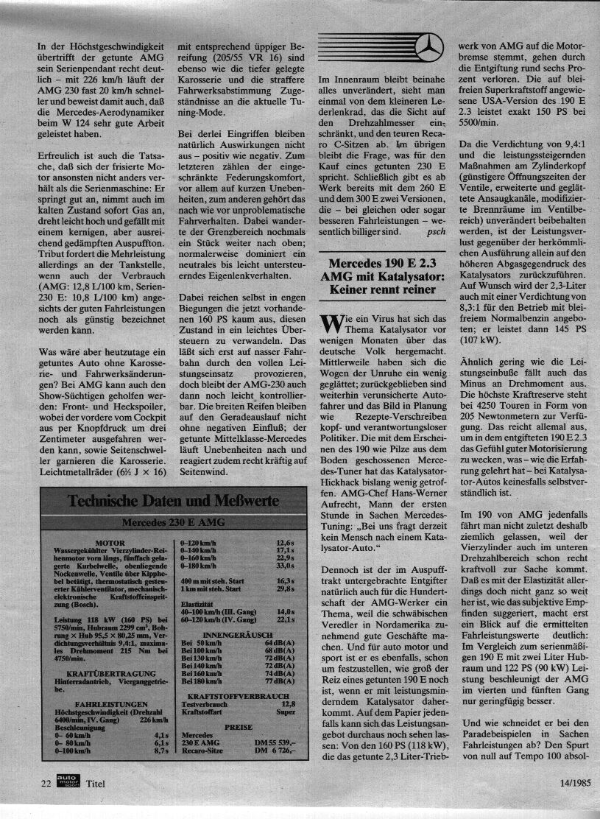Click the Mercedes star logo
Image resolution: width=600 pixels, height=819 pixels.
pos(424,51)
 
